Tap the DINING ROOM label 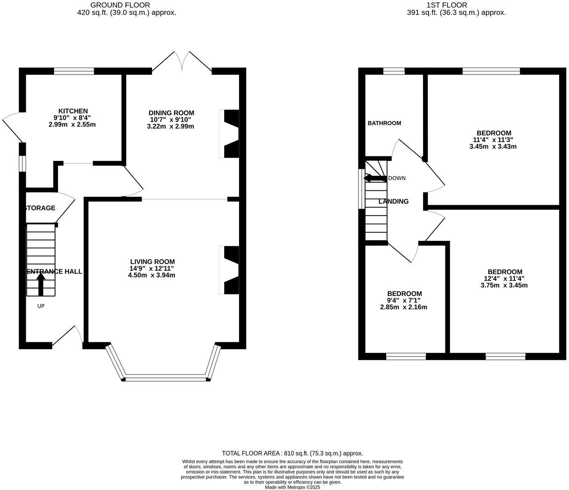171,113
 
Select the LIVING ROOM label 152,262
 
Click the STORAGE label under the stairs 39,208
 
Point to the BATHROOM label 384,123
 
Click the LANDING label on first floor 393,202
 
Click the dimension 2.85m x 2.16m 403,307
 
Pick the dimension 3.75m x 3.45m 504,285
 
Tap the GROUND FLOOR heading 126,5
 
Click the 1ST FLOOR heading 456,5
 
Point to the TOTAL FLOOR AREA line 292,453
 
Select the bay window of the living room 166,377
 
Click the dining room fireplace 231,134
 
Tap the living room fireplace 231,271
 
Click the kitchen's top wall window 74,72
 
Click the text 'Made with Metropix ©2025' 292,487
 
